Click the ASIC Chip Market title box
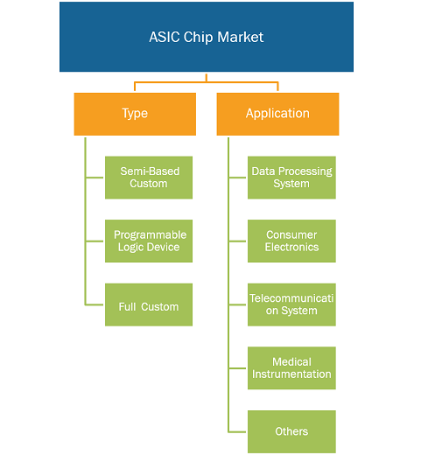click(207, 37)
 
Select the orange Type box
click(135, 114)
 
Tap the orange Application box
click(277, 114)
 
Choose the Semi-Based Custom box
click(149, 178)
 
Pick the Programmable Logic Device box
click(149, 241)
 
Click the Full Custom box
click(149, 304)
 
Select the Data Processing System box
click(291, 178)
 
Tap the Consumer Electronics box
click(291, 241)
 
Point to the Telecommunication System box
click(291, 304)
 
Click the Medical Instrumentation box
click(291, 368)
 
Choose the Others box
click(291, 431)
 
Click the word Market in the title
click(240, 37)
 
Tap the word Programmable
click(150, 235)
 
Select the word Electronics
click(291, 247)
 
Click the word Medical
click(291, 362)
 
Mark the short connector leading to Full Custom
click(95, 304)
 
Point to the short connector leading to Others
click(237, 431)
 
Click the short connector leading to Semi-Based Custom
click(95, 178)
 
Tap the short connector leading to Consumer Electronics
click(237, 241)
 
